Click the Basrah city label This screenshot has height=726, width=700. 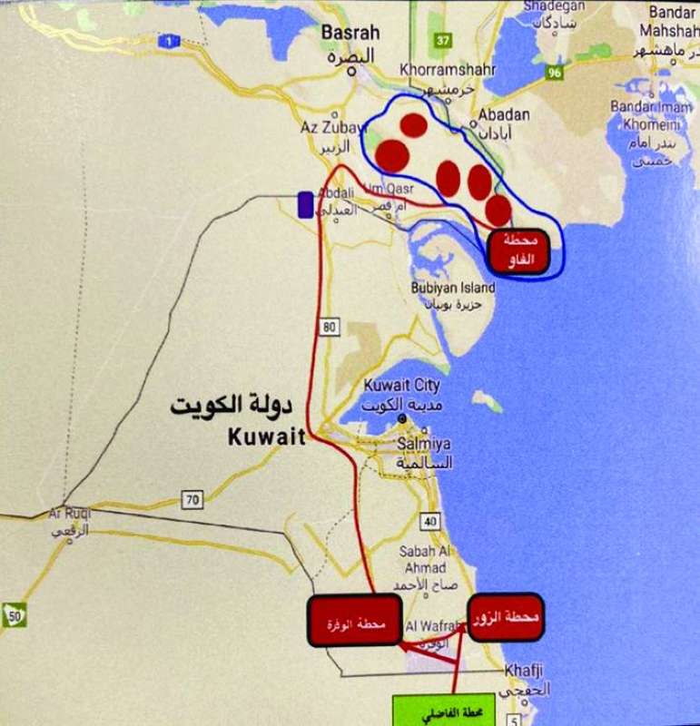pyautogui.click(x=350, y=33)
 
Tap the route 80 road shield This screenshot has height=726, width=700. pyautogui.click(x=328, y=325)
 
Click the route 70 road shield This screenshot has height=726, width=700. pyautogui.click(x=192, y=499)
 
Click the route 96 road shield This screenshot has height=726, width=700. pyautogui.click(x=555, y=73)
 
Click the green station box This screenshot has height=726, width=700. pyautogui.click(x=434, y=710)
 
